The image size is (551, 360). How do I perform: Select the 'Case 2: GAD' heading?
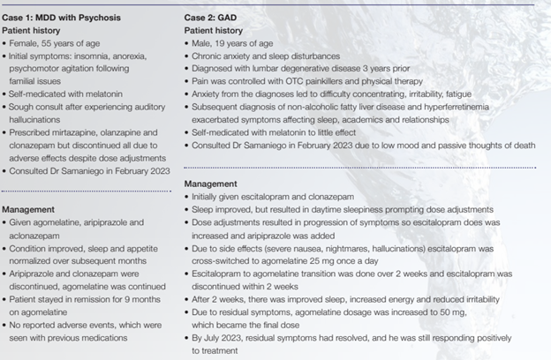pos(215,18)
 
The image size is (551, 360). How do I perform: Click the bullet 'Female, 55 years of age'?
pos(52,42)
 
